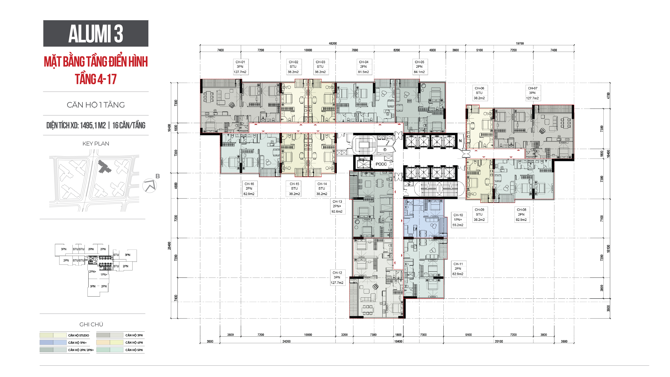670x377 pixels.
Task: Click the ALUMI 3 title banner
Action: [x=96, y=33]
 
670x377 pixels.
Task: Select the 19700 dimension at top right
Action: [x=520, y=43]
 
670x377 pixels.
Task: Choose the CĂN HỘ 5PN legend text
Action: [x=134, y=350]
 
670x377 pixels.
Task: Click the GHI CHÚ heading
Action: [x=91, y=324]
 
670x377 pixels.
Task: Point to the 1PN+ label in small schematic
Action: [x=104, y=275]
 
